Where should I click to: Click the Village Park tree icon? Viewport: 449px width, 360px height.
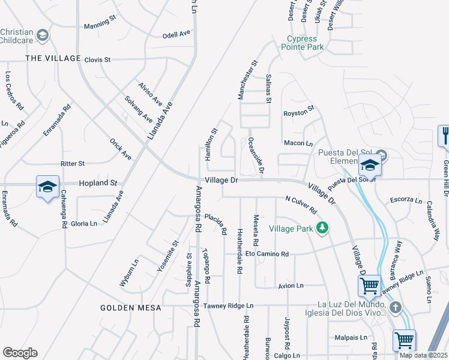click(x=323, y=227)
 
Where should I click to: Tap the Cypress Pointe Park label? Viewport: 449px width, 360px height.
click(x=303, y=43)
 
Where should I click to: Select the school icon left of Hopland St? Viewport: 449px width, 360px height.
click(x=47, y=187)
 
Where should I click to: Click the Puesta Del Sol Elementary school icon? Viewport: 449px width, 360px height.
click(x=369, y=164)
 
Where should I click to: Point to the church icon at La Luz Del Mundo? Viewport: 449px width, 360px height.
click(x=394, y=308)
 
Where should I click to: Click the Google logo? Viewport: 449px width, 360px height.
click(x=20, y=353)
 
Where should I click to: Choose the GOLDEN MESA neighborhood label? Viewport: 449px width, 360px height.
click(x=131, y=308)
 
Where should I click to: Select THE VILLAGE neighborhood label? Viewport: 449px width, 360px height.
click(x=53, y=58)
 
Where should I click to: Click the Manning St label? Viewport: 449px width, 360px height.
click(x=100, y=23)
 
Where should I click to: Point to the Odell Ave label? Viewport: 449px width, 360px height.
click(x=176, y=35)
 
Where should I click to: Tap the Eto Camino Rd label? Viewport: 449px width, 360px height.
click(x=267, y=254)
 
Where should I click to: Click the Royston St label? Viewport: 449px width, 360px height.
click(x=299, y=112)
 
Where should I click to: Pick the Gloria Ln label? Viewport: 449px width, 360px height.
click(x=84, y=223)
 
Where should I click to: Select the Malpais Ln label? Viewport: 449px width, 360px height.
click(x=351, y=338)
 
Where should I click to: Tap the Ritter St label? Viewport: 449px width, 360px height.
click(x=73, y=163)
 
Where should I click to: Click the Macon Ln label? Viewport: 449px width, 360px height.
click(x=298, y=143)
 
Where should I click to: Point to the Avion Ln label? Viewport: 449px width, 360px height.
click(x=291, y=286)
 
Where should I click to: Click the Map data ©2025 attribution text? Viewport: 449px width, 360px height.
click(x=423, y=355)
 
